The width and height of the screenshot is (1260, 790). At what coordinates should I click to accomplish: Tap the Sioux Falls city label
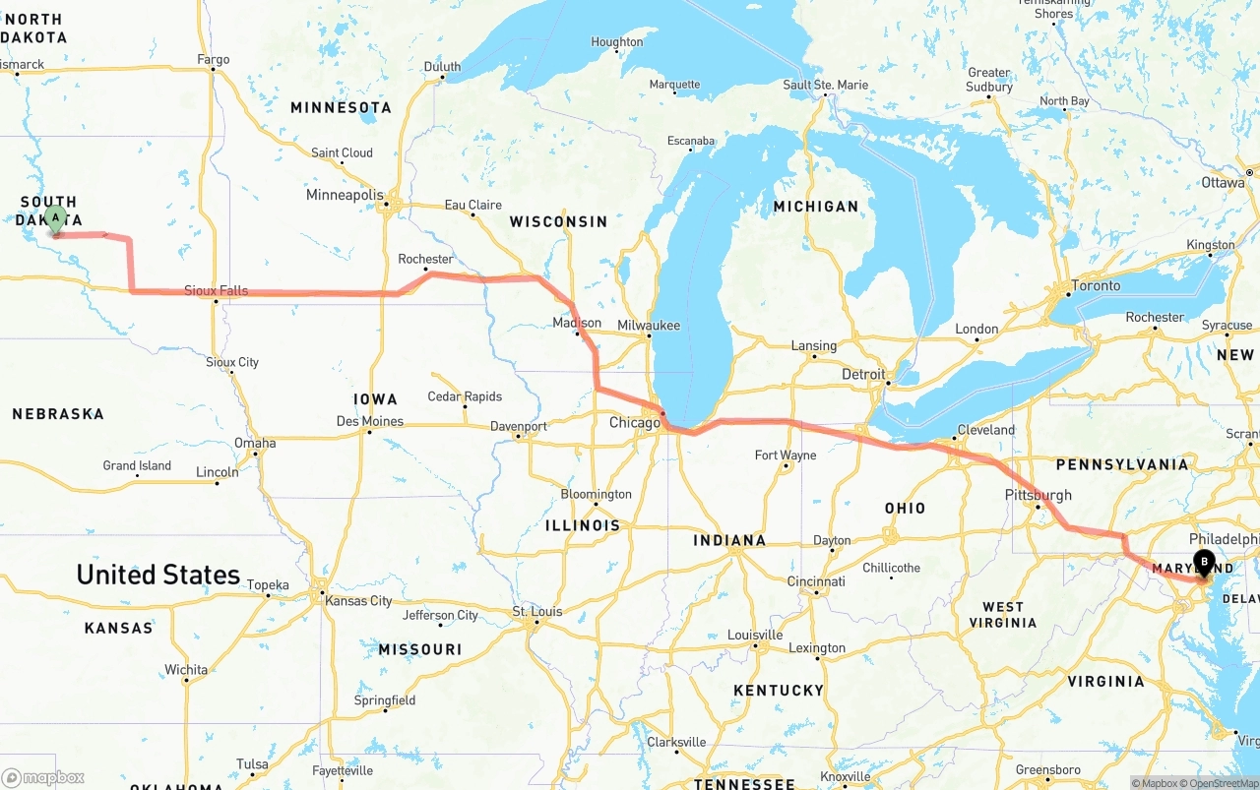216,290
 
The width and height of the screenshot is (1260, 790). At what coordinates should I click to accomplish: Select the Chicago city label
635,423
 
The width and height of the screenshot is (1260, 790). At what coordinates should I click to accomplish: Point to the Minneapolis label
345,195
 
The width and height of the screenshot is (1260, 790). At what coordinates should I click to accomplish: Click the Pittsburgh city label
1038,495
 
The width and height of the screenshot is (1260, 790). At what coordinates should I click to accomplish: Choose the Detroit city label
863,375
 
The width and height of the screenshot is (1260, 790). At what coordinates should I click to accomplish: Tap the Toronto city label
1096,285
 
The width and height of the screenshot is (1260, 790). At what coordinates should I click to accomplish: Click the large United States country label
157,575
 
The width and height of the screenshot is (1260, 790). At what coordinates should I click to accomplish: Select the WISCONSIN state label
558,221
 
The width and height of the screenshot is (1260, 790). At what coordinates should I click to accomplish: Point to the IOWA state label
375,399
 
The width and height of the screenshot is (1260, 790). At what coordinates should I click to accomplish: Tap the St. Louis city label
537,612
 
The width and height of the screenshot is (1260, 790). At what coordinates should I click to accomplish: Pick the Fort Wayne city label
785,456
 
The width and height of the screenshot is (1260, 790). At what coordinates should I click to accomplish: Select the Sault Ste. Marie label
825,85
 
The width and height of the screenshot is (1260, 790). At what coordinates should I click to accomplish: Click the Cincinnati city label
816,581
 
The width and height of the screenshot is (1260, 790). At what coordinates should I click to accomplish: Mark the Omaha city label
255,443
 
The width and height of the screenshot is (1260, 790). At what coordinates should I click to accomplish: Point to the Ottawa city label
1223,183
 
